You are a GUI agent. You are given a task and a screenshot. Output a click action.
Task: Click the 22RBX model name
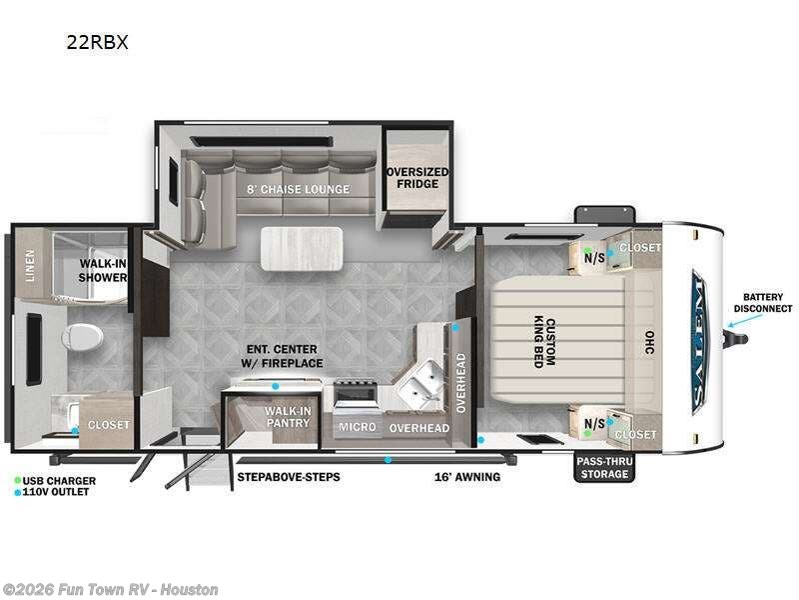(97, 42)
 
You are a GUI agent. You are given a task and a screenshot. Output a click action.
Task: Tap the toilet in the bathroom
(82, 337)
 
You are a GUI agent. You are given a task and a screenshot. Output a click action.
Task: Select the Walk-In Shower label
(103, 270)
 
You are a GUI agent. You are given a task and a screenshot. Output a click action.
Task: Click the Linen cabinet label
(30, 265)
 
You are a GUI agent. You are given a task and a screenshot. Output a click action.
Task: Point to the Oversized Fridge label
(417, 178)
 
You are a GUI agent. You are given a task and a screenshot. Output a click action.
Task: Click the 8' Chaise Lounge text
(299, 189)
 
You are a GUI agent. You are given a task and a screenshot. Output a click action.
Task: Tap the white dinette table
(302, 248)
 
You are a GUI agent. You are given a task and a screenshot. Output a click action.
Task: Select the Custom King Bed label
(544, 342)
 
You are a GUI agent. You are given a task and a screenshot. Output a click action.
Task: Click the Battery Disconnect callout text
(763, 303)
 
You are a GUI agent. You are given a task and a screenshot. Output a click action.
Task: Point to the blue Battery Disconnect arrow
(745, 320)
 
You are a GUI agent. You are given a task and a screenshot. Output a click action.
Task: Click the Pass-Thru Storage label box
(604, 467)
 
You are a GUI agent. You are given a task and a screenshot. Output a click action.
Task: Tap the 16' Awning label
(467, 477)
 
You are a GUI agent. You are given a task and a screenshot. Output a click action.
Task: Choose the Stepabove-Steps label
(289, 477)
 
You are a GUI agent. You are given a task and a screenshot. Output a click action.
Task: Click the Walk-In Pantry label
(288, 417)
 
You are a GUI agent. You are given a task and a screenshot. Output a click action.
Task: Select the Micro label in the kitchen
(358, 427)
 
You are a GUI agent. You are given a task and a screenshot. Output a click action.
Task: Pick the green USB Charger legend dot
(18, 481)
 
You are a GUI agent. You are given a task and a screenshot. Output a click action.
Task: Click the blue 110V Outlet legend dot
(18, 493)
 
